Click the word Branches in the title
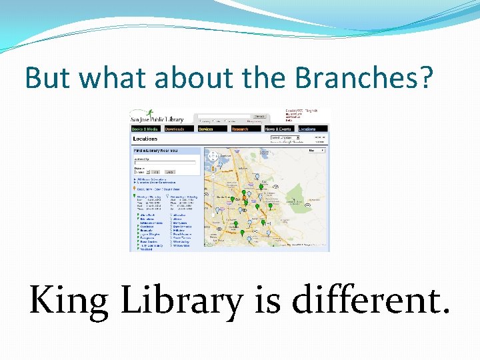click(x=365, y=78)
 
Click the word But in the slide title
click(x=46, y=78)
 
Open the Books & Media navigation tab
click(x=145, y=129)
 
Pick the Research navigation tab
click(x=246, y=129)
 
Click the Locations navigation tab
click(x=313, y=129)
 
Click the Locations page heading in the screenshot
click(x=146, y=139)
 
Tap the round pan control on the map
click(x=213, y=157)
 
